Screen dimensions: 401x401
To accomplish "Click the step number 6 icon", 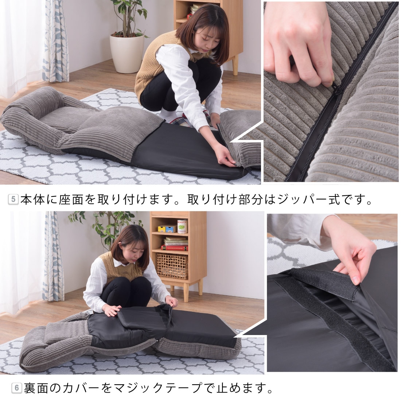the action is click(16, 388).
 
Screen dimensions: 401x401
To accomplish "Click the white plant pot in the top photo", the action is click(127, 53).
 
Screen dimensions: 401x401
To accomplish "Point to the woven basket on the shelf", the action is click(172, 266).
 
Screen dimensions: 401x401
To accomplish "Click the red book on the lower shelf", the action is click(174, 247).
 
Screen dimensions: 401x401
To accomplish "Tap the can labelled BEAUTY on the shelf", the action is click(182, 226).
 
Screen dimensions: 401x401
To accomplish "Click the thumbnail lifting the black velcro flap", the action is click(355, 280).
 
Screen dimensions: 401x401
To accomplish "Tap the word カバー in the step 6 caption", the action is click(80, 388).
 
